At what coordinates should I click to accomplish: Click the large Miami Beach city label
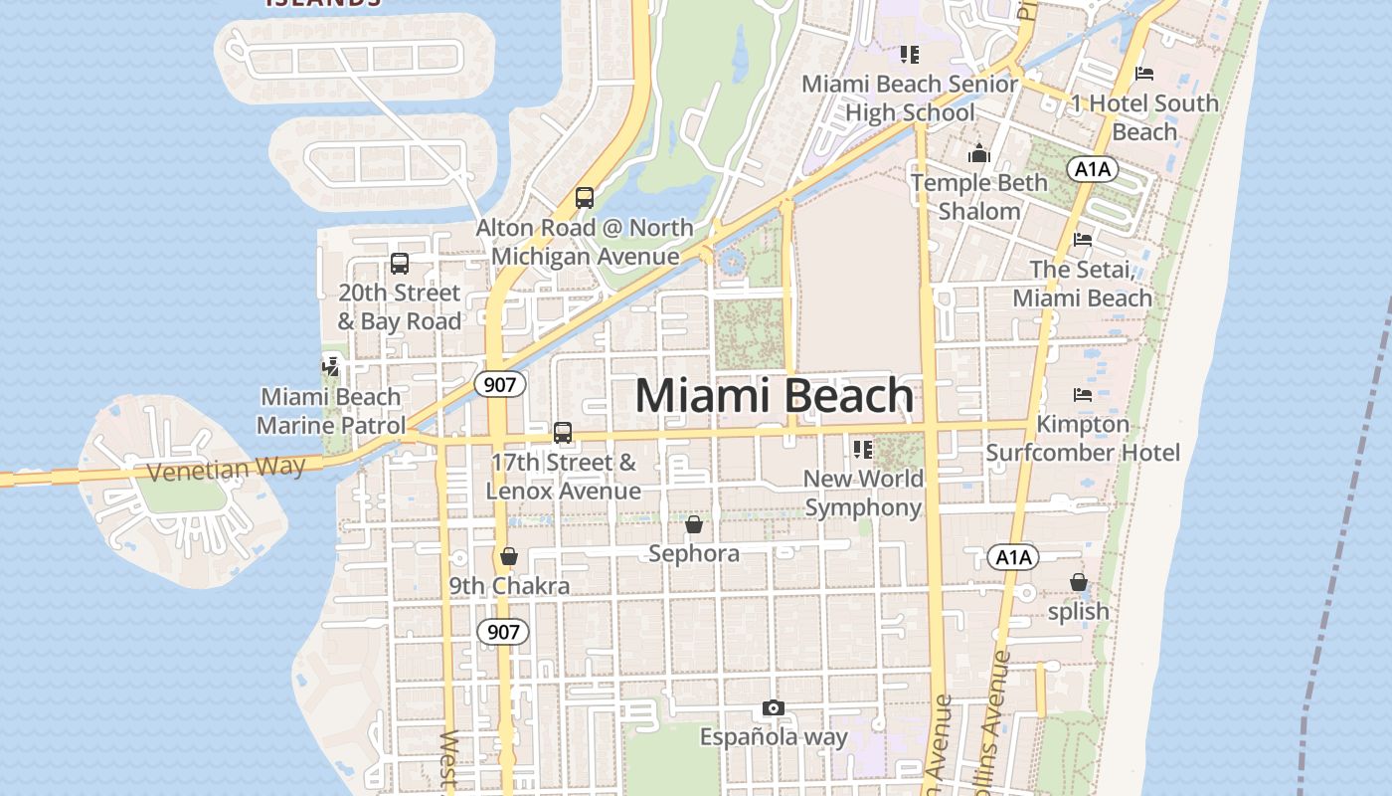[x=774, y=396]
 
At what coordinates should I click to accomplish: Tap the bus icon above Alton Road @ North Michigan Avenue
[x=585, y=197]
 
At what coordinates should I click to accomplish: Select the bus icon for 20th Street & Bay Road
[x=400, y=263]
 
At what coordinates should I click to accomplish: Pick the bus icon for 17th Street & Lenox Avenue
[x=563, y=432]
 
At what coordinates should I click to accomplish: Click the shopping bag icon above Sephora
[x=694, y=523]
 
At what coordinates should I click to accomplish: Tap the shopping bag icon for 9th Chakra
[x=509, y=555]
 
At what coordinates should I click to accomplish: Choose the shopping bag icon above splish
[x=1079, y=581]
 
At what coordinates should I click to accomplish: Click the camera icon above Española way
[x=774, y=707]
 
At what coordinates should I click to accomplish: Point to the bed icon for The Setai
[x=1083, y=239]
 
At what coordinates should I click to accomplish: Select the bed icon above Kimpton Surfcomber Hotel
[x=1083, y=395]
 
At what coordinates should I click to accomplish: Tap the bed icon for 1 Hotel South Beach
[x=1144, y=73]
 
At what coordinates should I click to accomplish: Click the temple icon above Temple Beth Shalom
[x=979, y=153]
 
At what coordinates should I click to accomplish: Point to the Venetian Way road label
[x=226, y=468]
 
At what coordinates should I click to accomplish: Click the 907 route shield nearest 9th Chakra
[x=503, y=631]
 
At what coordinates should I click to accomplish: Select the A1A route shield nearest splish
[x=1013, y=557]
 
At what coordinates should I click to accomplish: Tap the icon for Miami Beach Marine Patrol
[x=330, y=366]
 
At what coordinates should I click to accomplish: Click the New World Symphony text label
[x=863, y=493]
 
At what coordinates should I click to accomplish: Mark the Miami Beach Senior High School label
[x=910, y=98]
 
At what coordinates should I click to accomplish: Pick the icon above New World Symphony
[x=863, y=449]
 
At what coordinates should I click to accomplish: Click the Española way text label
[x=774, y=737]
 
